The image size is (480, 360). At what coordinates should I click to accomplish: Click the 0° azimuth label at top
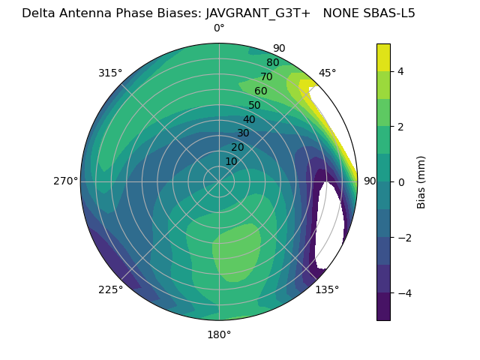click(x=219, y=28)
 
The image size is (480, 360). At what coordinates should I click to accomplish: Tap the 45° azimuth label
click(x=327, y=73)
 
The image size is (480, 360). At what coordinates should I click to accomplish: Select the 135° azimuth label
click(x=327, y=289)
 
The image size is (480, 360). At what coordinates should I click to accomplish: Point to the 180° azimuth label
click(x=219, y=334)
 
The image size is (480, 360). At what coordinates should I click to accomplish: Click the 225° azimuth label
click(x=110, y=289)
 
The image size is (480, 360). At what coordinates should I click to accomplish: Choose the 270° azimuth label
click(x=65, y=181)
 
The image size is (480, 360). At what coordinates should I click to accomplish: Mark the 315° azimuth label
click(x=110, y=73)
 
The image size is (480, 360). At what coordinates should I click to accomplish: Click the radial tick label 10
click(x=231, y=161)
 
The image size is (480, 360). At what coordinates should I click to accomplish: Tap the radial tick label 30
click(x=243, y=133)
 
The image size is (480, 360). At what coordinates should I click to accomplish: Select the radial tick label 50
click(x=255, y=106)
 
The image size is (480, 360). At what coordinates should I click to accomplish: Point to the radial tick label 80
click(x=272, y=63)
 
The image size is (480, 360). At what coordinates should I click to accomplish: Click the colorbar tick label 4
click(x=400, y=71)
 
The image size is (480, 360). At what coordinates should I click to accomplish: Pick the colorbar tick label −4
click(x=403, y=292)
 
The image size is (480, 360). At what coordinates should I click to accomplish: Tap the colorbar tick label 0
click(x=400, y=181)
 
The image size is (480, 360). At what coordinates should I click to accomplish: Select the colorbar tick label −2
click(x=403, y=238)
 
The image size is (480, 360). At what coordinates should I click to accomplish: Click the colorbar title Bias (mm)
click(x=421, y=181)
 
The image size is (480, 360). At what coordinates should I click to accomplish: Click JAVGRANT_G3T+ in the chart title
click(x=258, y=13)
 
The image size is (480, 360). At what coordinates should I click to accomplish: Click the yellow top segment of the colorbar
click(x=383, y=57)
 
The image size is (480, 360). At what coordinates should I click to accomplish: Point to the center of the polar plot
click(x=219, y=181)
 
